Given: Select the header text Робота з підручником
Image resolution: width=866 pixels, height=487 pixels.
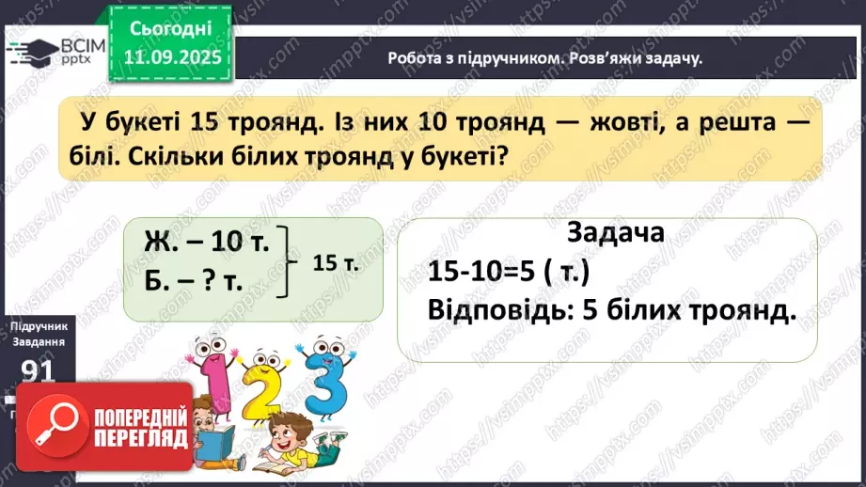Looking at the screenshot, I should (471, 58).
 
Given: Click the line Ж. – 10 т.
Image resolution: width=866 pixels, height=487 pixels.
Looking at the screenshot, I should (208, 242).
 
